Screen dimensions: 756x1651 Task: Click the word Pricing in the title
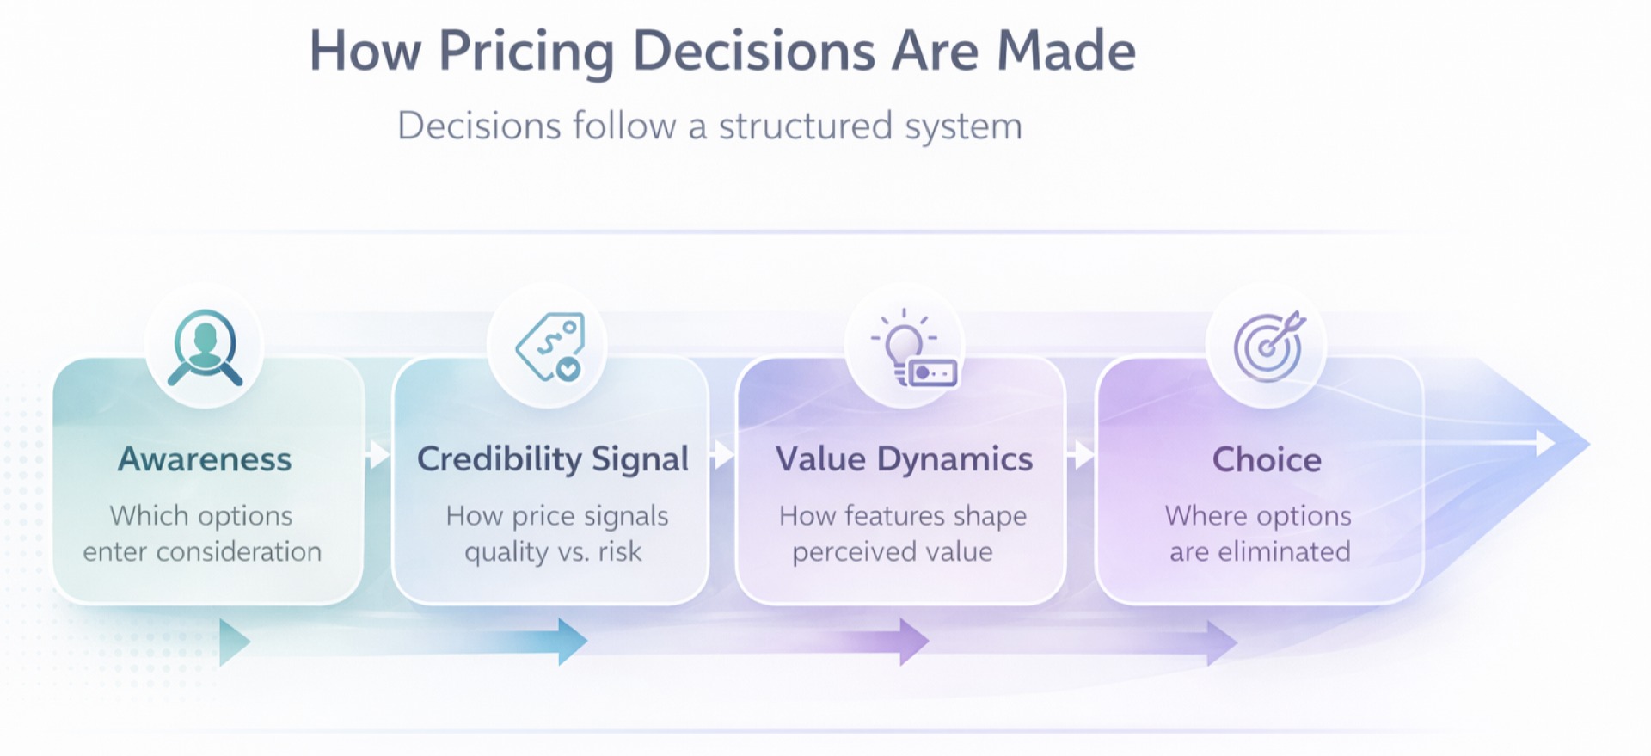coord(527,52)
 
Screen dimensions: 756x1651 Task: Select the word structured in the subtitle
coord(806,126)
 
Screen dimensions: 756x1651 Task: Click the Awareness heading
coord(205,459)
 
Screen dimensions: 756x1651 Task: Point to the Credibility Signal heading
coord(552,459)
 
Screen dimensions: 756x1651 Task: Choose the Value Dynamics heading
coord(904,459)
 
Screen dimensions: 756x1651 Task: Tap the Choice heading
coord(1267,460)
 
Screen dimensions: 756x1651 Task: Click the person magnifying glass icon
coord(205,347)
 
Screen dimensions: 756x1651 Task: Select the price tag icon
coord(550,347)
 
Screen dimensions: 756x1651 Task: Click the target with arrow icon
coord(1268,346)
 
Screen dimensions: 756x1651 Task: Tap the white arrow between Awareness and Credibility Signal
coord(377,454)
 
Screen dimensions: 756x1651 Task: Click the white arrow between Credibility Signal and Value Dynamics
coord(723,454)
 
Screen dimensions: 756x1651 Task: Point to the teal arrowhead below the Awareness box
coord(233,642)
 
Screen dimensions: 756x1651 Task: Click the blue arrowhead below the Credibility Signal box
coord(572,642)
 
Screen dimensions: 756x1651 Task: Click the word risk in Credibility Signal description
coord(620,551)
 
